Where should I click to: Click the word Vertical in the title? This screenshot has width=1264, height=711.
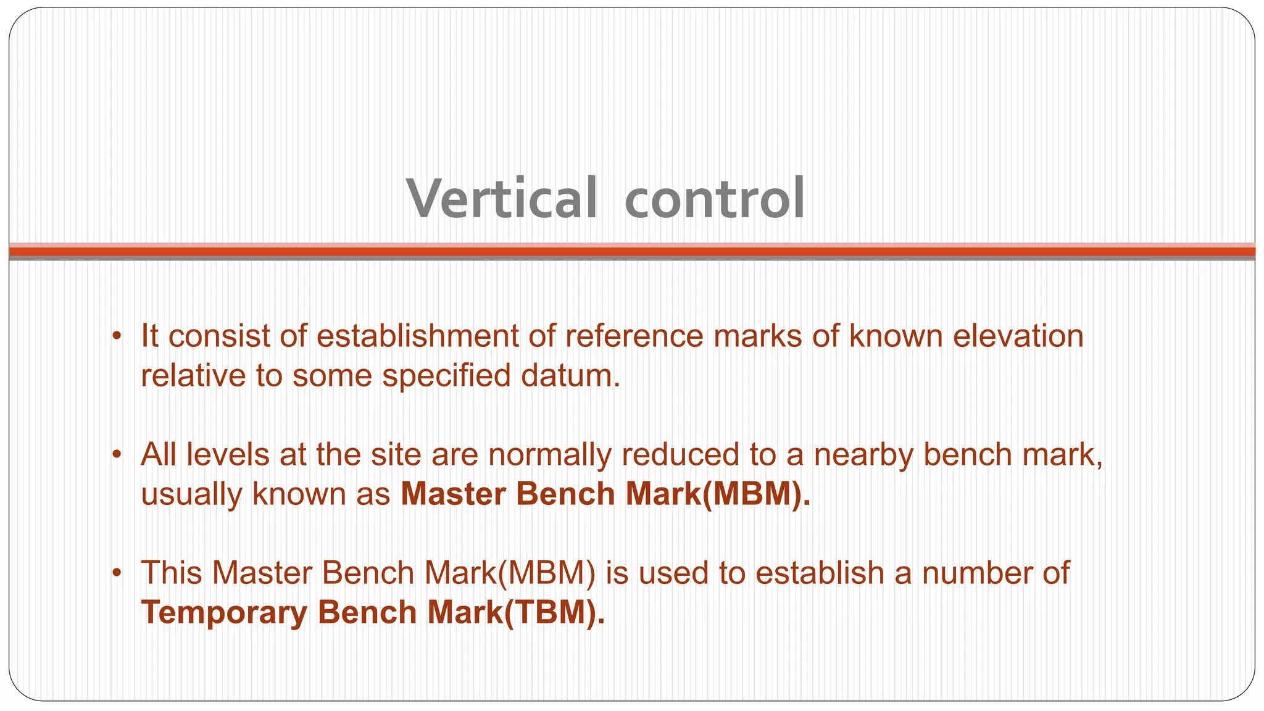click(x=502, y=199)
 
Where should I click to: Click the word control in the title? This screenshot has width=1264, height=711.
click(x=714, y=199)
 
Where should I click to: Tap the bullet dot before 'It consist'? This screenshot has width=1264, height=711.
click(x=116, y=337)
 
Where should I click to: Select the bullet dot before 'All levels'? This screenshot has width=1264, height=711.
click(x=116, y=455)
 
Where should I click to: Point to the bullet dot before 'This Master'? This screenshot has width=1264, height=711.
click(x=116, y=574)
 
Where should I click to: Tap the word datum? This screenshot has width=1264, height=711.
click(x=570, y=376)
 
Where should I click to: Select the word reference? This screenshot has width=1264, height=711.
click(x=634, y=336)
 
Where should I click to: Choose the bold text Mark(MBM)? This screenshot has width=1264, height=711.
click(x=717, y=494)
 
